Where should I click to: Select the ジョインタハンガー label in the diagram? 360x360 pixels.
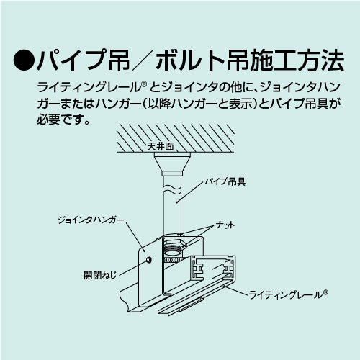(x=91, y=216)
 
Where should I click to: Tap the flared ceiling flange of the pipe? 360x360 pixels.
(x=173, y=166)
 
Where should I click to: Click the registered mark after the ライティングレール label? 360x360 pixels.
(x=326, y=292)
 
